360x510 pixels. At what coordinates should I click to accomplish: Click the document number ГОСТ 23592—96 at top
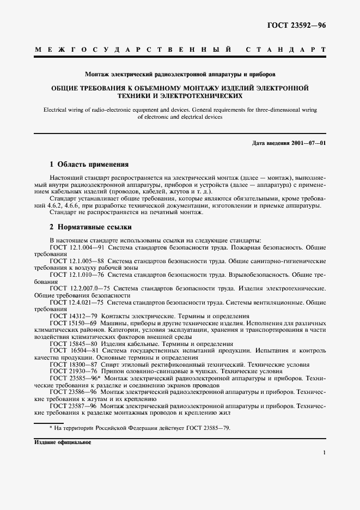[x=296, y=26]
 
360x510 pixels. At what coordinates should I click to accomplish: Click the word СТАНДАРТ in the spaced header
[x=286, y=50]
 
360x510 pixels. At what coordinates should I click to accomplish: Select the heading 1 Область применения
[x=89, y=164]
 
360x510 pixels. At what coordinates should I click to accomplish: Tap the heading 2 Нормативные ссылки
[x=90, y=227]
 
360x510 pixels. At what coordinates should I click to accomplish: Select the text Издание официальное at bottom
[x=62, y=442]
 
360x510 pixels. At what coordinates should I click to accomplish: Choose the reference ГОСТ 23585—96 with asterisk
[x=74, y=378]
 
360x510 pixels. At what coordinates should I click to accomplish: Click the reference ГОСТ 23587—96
[x=72, y=406]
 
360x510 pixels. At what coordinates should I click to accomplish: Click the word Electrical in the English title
[x=55, y=110]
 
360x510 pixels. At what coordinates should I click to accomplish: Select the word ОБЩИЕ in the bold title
[x=65, y=87]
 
